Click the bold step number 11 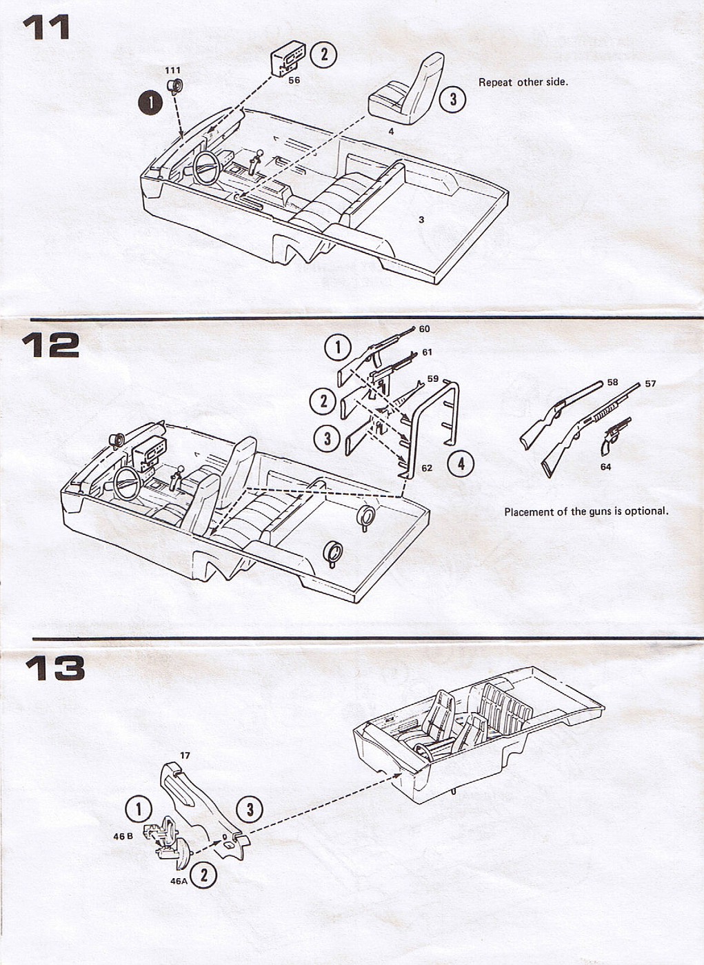[x=46, y=28]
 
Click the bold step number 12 [x=50, y=345]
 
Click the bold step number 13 [x=54, y=668]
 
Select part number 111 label [x=172, y=70]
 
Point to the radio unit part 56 [x=288, y=59]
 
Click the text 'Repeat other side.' [x=523, y=82]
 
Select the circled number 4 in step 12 [x=461, y=464]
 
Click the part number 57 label [x=650, y=384]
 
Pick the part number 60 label [x=424, y=329]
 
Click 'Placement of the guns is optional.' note [x=585, y=511]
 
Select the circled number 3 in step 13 [x=250, y=809]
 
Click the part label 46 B [x=123, y=836]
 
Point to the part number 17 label [x=185, y=755]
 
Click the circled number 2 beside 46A [x=203, y=876]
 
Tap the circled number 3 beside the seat [x=452, y=99]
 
